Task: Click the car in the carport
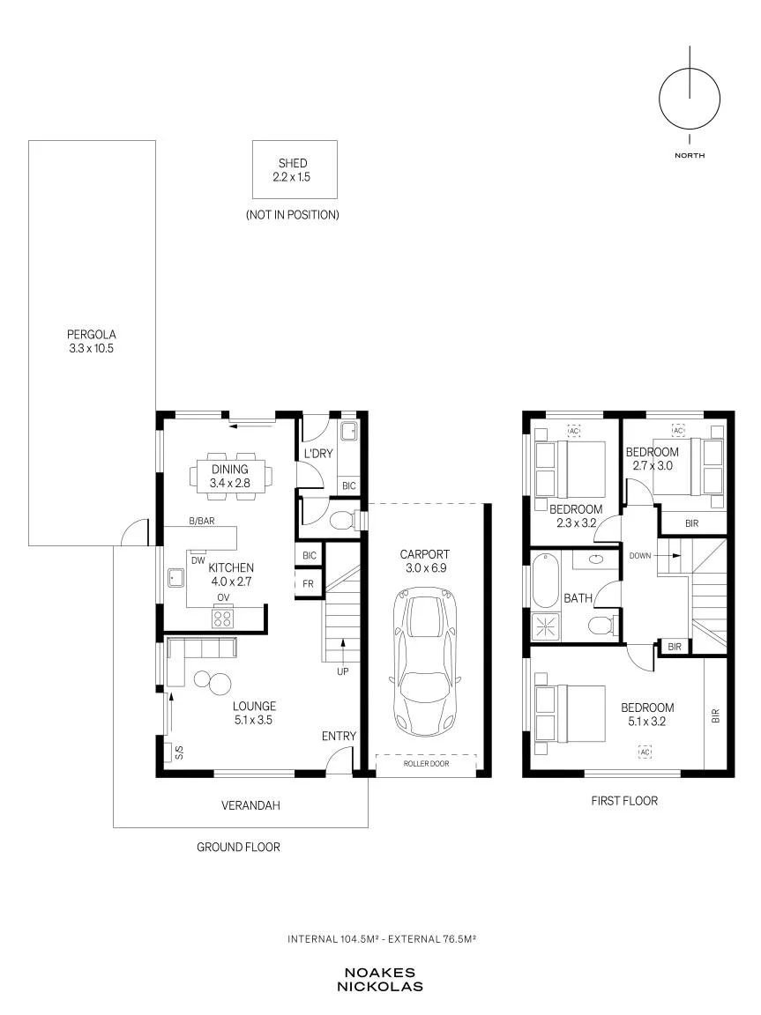coord(425,661)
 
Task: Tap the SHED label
coord(293,163)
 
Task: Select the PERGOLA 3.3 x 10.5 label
coord(92,341)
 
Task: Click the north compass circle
coord(690,99)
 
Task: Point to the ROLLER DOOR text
coord(426,764)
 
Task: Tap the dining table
coord(230,476)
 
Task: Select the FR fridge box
coord(308,583)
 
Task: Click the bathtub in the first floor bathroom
coord(545,580)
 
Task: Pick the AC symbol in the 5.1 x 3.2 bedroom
coord(645,752)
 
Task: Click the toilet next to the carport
coord(343,519)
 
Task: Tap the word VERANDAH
coord(250,806)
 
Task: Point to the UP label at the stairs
coord(343,671)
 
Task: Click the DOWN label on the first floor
coord(640,555)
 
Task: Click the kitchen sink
coord(175,577)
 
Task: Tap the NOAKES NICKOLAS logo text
coord(380,980)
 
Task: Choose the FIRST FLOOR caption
coord(624,801)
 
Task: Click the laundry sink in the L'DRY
coord(349,430)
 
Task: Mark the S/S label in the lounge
coord(180,752)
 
